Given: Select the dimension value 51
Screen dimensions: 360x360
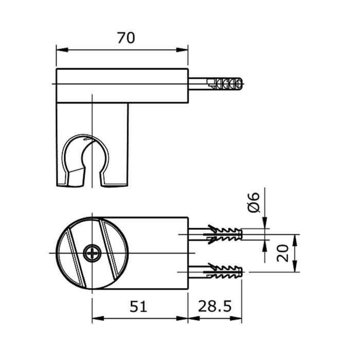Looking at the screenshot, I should tap(138, 307).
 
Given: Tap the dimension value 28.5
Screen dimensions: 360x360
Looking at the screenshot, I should tap(214, 307).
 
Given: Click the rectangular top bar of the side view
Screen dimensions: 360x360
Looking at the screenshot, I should tap(122, 85).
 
